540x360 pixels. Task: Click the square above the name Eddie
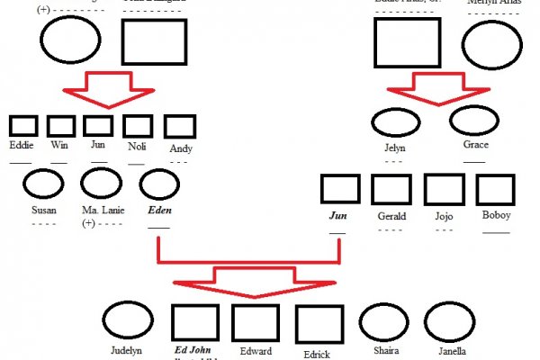pos(23,126)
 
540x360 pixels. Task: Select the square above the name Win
pos(61,126)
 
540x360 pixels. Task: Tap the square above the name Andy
pos(180,126)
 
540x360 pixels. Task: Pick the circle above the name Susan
pos(42,184)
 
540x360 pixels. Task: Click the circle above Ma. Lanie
pos(101,184)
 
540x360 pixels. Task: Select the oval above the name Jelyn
pos(395,121)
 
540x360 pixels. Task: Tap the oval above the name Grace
pos(474,121)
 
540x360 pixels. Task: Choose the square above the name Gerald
pos(391,190)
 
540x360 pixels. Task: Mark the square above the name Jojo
pos(443,190)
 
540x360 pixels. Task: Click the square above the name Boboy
pos(495,190)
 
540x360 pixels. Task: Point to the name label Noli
pos(138,147)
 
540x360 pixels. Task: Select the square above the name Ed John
pos(194,324)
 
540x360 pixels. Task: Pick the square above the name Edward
pos(255,324)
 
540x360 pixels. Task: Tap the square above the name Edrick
pos(319,325)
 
